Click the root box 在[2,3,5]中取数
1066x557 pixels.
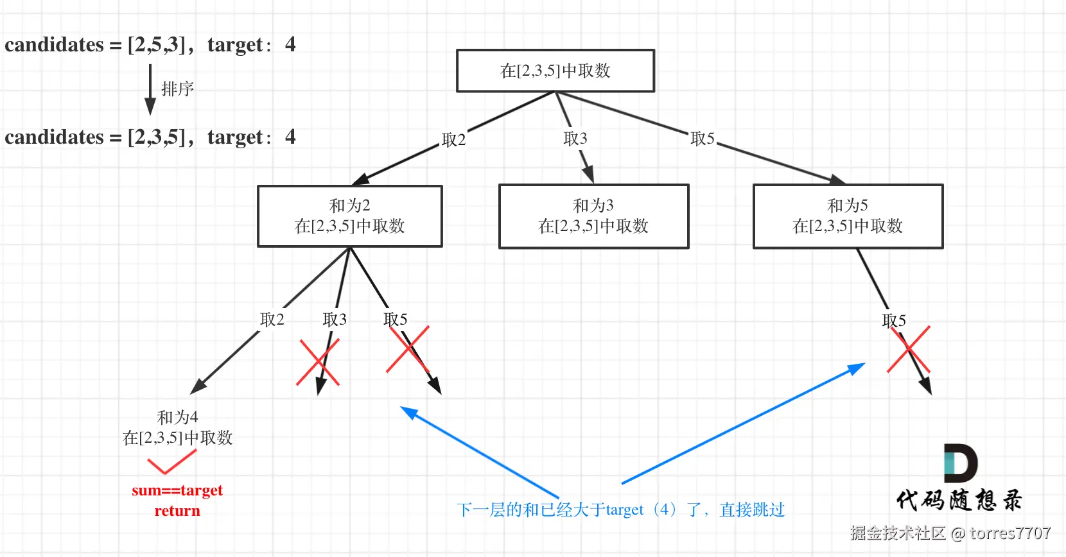click(x=555, y=71)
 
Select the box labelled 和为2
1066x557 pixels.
click(x=350, y=216)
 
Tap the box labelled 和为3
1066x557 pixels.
click(x=593, y=216)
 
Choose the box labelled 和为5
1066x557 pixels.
click(x=848, y=216)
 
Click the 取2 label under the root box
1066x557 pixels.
click(x=453, y=140)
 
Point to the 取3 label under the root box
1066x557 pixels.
click(x=575, y=139)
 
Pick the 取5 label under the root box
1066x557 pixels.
click(x=702, y=139)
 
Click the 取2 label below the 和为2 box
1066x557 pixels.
click(x=272, y=320)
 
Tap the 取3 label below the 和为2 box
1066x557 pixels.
click(x=334, y=320)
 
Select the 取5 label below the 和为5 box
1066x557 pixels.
click(x=894, y=320)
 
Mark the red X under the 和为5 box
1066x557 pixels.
click(x=909, y=349)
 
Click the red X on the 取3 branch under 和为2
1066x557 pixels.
click(x=318, y=362)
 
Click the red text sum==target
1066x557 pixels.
click(x=177, y=490)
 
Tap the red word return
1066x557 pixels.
click(x=177, y=511)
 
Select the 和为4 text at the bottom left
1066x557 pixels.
click(x=177, y=418)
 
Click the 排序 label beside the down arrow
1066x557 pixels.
click(x=177, y=89)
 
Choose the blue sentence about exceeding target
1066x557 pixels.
click(x=620, y=510)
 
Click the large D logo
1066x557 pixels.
click(x=960, y=463)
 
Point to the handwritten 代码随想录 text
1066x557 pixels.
click(x=959, y=500)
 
